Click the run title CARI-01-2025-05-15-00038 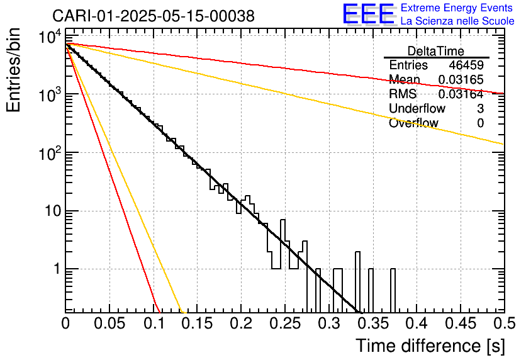click(x=154, y=16)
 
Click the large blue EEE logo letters click(x=368, y=14)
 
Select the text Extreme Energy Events click(x=457, y=8)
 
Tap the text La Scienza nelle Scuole click(x=457, y=21)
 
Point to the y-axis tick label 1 click(x=56, y=269)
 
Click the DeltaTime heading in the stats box click(x=436, y=51)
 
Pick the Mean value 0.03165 click(x=461, y=80)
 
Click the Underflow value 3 click(x=480, y=109)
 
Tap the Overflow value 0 click(x=480, y=123)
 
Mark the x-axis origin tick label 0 click(x=66, y=324)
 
